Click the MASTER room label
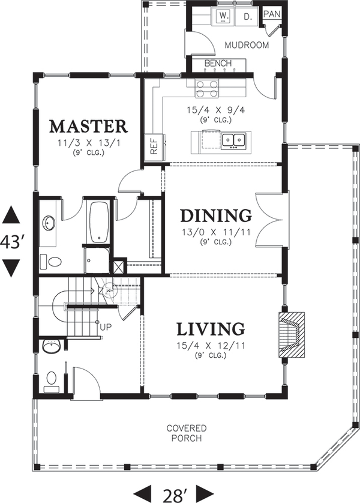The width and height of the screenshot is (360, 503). (88, 127)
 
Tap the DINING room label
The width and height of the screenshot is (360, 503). (216, 215)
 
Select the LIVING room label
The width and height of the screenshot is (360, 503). (211, 329)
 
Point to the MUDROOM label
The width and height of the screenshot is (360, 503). (247, 45)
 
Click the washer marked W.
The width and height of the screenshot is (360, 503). (224, 16)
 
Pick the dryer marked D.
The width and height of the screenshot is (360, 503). (247, 16)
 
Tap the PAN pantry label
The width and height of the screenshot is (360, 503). (272, 14)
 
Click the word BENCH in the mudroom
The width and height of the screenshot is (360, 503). (218, 63)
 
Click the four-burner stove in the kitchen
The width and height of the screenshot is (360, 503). (207, 89)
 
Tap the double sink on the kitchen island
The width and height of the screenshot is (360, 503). (233, 140)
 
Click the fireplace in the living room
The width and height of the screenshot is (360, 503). (291, 335)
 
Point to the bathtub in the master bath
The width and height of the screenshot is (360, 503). (99, 221)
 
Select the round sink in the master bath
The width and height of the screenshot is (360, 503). (49, 223)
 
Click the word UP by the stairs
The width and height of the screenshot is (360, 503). (106, 328)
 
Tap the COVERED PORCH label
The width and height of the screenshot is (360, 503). (187, 433)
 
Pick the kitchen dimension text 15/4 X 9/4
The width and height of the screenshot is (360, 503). (216, 110)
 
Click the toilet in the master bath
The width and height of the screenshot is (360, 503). (50, 262)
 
